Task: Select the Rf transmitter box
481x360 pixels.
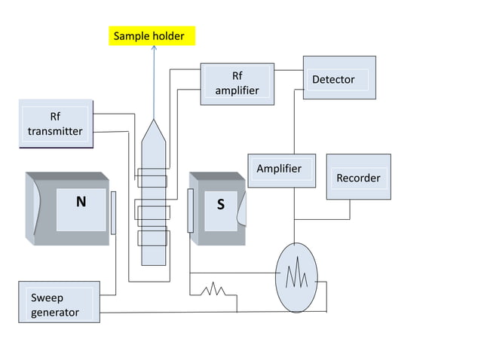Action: [55, 124]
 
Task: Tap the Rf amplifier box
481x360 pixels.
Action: [237, 84]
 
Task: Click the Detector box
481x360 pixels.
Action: [339, 79]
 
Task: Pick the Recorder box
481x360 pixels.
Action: [358, 177]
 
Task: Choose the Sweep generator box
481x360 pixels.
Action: [59, 302]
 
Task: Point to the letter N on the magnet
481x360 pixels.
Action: [81, 203]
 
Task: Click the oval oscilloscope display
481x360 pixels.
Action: [296, 277]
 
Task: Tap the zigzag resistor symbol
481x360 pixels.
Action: [213, 288]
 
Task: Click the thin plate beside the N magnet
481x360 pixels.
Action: [113, 212]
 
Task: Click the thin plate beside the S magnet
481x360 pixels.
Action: [191, 211]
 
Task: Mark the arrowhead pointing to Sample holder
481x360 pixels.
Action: [154, 48]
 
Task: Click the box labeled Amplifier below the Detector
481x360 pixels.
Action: [278, 170]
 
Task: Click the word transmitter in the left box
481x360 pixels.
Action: [55, 132]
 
